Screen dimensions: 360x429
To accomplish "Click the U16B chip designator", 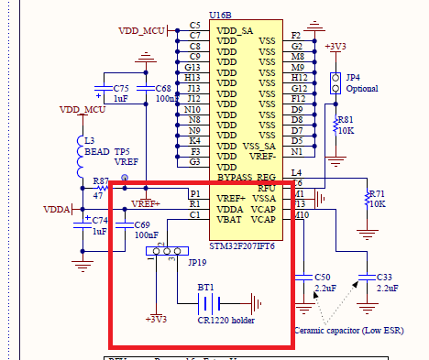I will click(x=220, y=16).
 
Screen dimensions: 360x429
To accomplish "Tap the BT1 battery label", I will click(x=204, y=287).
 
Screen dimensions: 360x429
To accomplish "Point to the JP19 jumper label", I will click(x=197, y=263).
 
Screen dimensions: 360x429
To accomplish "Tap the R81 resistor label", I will click(x=345, y=120).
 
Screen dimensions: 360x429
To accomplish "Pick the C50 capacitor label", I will click(x=322, y=276).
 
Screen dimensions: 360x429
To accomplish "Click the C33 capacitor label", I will click(x=384, y=276).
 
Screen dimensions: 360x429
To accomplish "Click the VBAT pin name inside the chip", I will click(x=229, y=220).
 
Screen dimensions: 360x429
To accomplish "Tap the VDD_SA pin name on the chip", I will click(x=234, y=31).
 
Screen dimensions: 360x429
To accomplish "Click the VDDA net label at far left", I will click(x=57, y=209).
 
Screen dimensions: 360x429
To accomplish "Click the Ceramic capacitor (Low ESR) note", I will click(x=348, y=331).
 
